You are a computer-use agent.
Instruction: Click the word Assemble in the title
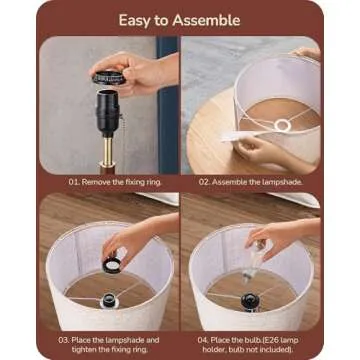[206, 21]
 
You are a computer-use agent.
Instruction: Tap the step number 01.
[74, 182]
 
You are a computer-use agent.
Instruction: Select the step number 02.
[204, 182]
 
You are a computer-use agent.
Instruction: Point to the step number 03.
[64, 340]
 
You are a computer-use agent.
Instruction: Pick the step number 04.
[204, 340]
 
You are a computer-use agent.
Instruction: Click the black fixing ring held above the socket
[109, 78]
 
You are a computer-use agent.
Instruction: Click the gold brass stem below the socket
[108, 151]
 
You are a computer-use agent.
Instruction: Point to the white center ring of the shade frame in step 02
[283, 125]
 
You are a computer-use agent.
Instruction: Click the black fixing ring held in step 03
[112, 265]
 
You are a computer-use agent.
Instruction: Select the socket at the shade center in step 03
[110, 300]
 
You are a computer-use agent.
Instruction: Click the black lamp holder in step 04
[251, 302]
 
